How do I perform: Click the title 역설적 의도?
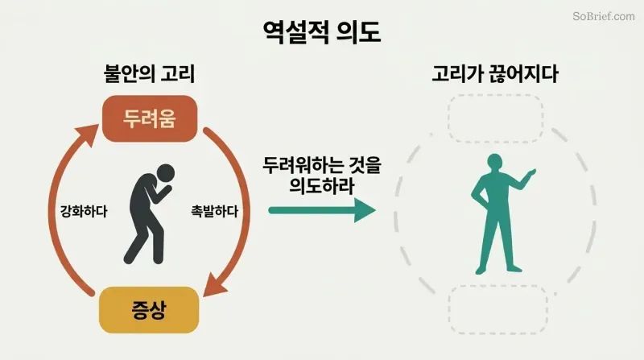pos(322,32)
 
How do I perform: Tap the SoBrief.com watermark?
pos(603,16)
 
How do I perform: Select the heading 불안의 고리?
pos(149,74)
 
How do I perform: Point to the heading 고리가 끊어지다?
pos(495,74)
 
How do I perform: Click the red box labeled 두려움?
pos(150,118)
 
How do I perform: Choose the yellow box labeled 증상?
pos(149,310)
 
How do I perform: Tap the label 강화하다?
pos(84,211)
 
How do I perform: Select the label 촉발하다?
pos(214,211)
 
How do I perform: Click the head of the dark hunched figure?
pos(166,173)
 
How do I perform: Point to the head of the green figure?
pos(494,163)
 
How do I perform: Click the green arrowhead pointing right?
pos(365,210)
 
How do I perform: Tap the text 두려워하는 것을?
pos(322,165)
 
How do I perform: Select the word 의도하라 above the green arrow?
pos(322,186)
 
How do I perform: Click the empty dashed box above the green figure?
pos(496,118)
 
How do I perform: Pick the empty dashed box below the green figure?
pos(498,309)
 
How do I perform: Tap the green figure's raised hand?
pos(530,172)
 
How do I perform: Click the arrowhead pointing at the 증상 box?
pos(214,284)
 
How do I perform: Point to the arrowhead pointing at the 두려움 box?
pos(87,135)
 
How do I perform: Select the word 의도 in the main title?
pos(358,32)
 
